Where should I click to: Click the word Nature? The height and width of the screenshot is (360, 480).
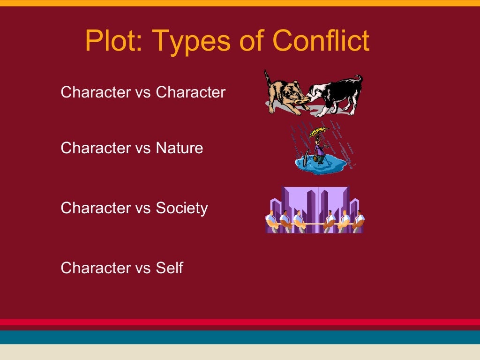point(180,148)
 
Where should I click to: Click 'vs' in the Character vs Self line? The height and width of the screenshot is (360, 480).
point(143,268)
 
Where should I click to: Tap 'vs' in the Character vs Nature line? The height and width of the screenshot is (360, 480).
point(143,148)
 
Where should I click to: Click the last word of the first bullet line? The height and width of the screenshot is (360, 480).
point(190,92)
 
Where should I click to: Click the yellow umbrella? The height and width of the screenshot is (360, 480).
point(320,132)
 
